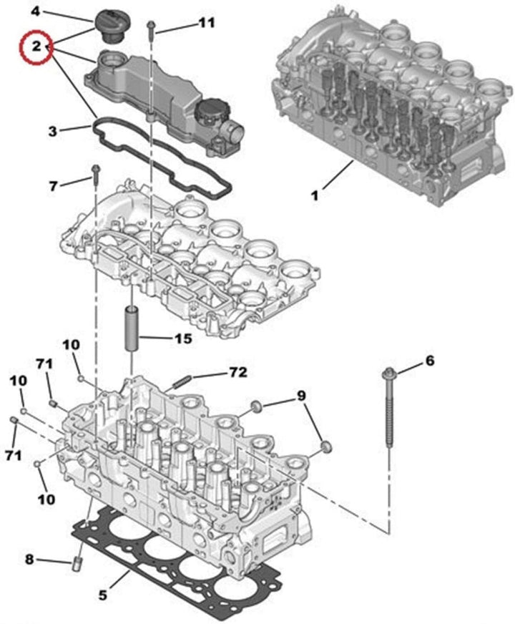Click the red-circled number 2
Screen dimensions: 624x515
(x=33, y=47)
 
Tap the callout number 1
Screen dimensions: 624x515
(x=315, y=194)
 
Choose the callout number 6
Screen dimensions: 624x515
(x=429, y=361)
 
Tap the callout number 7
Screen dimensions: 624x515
(x=52, y=186)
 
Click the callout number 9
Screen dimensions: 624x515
(x=301, y=395)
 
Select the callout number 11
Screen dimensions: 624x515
(x=206, y=23)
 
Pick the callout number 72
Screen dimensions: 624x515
(x=237, y=372)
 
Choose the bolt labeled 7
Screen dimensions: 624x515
(x=94, y=175)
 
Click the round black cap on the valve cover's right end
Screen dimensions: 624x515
(x=209, y=114)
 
